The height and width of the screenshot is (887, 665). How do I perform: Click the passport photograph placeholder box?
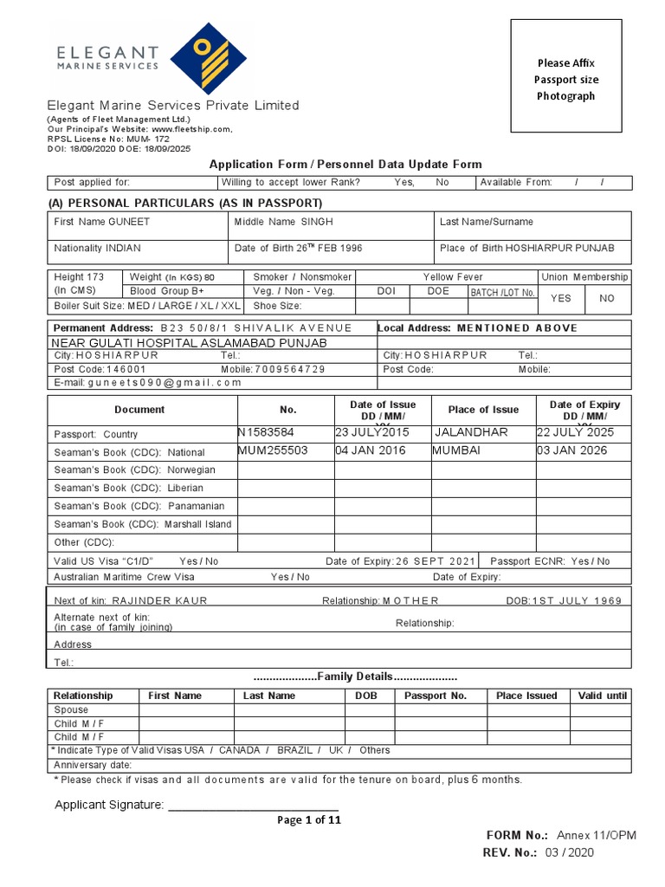(566, 77)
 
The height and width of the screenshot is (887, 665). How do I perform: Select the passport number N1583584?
(266, 432)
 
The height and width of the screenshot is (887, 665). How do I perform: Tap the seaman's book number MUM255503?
(273, 450)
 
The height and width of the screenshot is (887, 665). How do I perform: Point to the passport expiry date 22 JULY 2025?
(572, 432)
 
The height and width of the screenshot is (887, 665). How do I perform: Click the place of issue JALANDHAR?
(471, 432)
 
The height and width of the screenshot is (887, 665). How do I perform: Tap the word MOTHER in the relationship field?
(410, 600)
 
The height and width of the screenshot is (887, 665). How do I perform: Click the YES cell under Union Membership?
(561, 298)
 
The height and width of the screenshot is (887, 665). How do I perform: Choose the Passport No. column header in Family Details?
(435, 696)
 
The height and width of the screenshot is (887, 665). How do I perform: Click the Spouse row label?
(71, 709)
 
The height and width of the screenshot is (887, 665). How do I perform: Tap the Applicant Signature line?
(252, 806)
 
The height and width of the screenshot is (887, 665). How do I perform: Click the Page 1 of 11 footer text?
(309, 820)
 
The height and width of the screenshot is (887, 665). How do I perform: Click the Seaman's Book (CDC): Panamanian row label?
(139, 506)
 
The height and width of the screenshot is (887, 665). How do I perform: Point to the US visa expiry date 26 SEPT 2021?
(436, 561)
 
